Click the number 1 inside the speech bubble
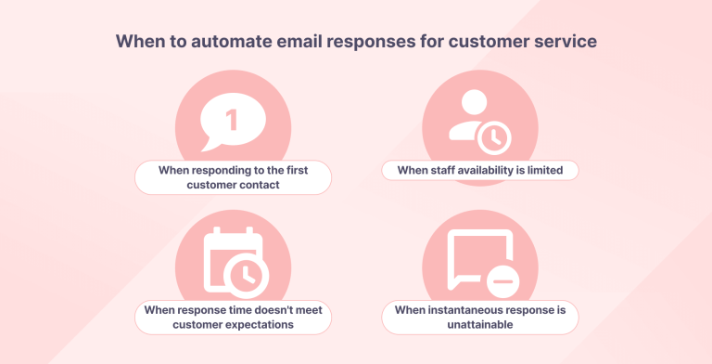232,120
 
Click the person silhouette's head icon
467,104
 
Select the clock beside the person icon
493,137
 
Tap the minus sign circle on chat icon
502,279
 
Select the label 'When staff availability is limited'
480,170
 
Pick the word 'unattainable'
479,325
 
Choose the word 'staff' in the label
444,170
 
